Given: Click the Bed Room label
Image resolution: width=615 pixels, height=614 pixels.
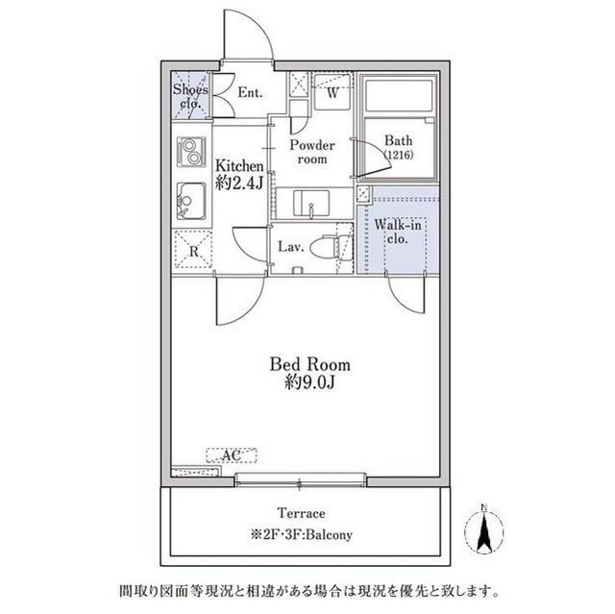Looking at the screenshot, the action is [x=309, y=364].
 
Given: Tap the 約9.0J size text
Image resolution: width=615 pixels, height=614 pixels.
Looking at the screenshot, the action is [x=309, y=382].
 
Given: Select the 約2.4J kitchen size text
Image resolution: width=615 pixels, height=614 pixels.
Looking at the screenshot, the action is [x=239, y=183].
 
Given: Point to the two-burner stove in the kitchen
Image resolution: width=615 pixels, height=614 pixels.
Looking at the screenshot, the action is [x=191, y=152].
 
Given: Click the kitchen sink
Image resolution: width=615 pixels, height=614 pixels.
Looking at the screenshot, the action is [x=191, y=201].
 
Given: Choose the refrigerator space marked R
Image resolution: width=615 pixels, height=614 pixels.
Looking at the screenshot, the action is [x=193, y=250].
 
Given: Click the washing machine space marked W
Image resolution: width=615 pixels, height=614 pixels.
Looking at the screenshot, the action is [x=332, y=92].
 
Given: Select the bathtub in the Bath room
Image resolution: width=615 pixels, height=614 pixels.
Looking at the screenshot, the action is [x=399, y=96].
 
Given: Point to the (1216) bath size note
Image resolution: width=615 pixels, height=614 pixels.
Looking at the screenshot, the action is [x=399, y=155].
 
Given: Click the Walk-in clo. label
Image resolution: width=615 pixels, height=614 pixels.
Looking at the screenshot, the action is [x=398, y=232].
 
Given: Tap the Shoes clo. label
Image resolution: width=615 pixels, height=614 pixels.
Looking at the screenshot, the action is [x=190, y=96].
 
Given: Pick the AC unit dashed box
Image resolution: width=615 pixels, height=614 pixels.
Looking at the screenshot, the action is [x=232, y=455].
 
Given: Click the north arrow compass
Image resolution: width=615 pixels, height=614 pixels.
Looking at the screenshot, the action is [x=484, y=528].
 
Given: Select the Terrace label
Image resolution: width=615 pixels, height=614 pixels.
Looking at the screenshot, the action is [x=301, y=513].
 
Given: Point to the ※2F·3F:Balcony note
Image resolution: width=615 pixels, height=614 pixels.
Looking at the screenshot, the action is [x=301, y=534].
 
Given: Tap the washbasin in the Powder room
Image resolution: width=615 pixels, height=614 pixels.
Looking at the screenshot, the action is [x=311, y=203].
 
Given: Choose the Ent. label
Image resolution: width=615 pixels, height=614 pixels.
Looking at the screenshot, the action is [x=250, y=93].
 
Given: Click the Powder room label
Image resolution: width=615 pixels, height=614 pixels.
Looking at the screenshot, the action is [x=312, y=152].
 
